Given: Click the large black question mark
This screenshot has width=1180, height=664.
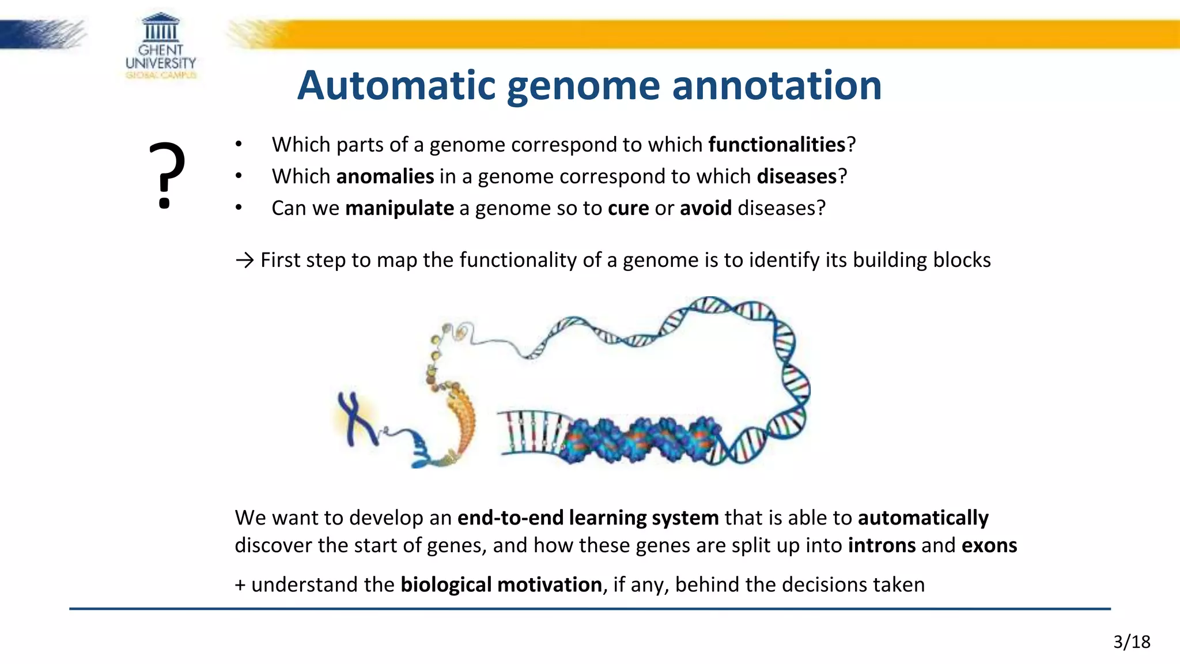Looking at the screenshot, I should [167, 175].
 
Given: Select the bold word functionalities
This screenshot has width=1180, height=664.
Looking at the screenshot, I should [776, 145].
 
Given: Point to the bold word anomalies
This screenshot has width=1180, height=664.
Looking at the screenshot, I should [385, 176].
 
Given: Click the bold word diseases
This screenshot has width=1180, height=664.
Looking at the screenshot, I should [796, 176].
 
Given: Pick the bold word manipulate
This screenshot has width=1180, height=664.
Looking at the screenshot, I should [399, 208].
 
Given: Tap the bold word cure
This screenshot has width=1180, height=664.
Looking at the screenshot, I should [628, 208].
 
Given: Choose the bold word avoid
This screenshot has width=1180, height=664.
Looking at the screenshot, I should [705, 208].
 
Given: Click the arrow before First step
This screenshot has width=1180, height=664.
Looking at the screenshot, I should [244, 261].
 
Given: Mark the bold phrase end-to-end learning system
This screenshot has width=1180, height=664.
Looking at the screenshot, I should [588, 518].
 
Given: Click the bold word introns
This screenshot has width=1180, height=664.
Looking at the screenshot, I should [882, 545].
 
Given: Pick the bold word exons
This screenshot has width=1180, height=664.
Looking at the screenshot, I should [989, 545].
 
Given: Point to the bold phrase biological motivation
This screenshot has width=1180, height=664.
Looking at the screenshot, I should [501, 584].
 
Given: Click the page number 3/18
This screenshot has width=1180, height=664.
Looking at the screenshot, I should [1131, 642].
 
